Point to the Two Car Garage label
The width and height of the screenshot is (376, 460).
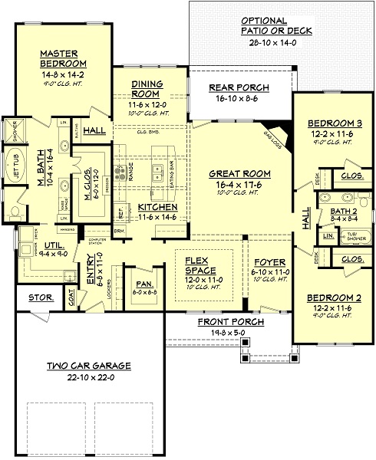point(89,367)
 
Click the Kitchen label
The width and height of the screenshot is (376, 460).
point(158,207)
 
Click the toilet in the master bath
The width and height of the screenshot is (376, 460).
point(17,212)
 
